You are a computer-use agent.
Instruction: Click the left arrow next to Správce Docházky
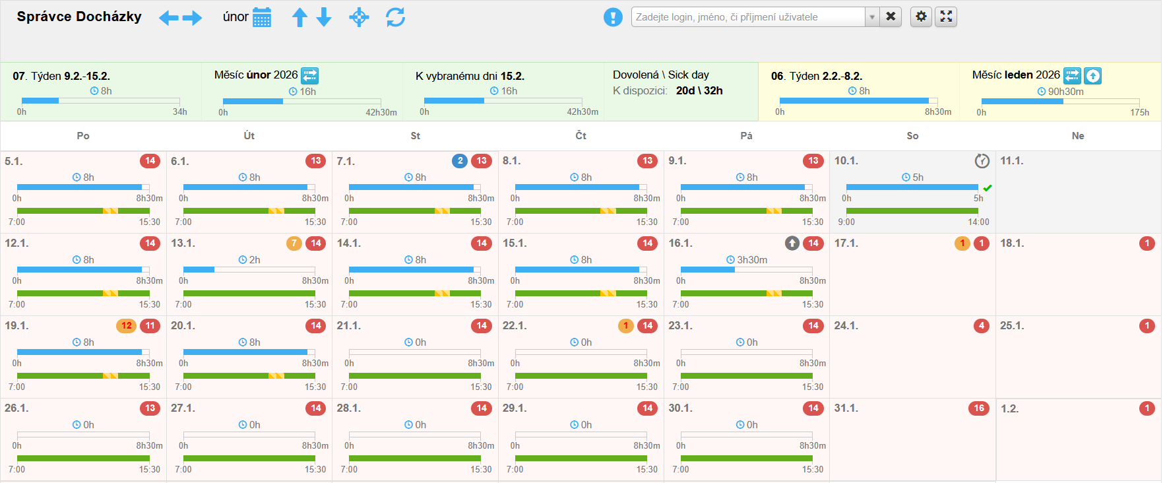(x=169, y=18)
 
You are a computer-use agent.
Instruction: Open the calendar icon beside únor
(x=262, y=18)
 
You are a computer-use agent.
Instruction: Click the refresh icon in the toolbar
(x=395, y=17)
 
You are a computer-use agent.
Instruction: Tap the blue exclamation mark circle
(x=613, y=17)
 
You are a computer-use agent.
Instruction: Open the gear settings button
(x=921, y=16)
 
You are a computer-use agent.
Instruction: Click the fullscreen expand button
(x=946, y=16)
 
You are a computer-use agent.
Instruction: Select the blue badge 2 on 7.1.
(x=460, y=161)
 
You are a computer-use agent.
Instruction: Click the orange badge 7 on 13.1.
(x=294, y=243)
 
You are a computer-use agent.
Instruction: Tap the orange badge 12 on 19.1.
(x=127, y=326)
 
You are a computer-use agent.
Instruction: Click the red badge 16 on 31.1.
(x=979, y=408)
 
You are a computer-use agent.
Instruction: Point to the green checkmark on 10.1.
(x=988, y=188)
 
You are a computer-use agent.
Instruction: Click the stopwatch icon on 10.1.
(x=982, y=161)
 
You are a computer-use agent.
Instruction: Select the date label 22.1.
(x=514, y=326)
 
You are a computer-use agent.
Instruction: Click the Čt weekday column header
(x=581, y=136)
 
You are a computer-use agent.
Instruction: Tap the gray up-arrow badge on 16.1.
(x=792, y=243)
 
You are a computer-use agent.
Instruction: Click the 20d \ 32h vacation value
(x=699, y=91)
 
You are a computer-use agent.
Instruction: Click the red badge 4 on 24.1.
(x=982, y=326)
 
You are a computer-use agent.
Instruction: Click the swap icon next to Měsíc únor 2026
(x=310, y=75)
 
